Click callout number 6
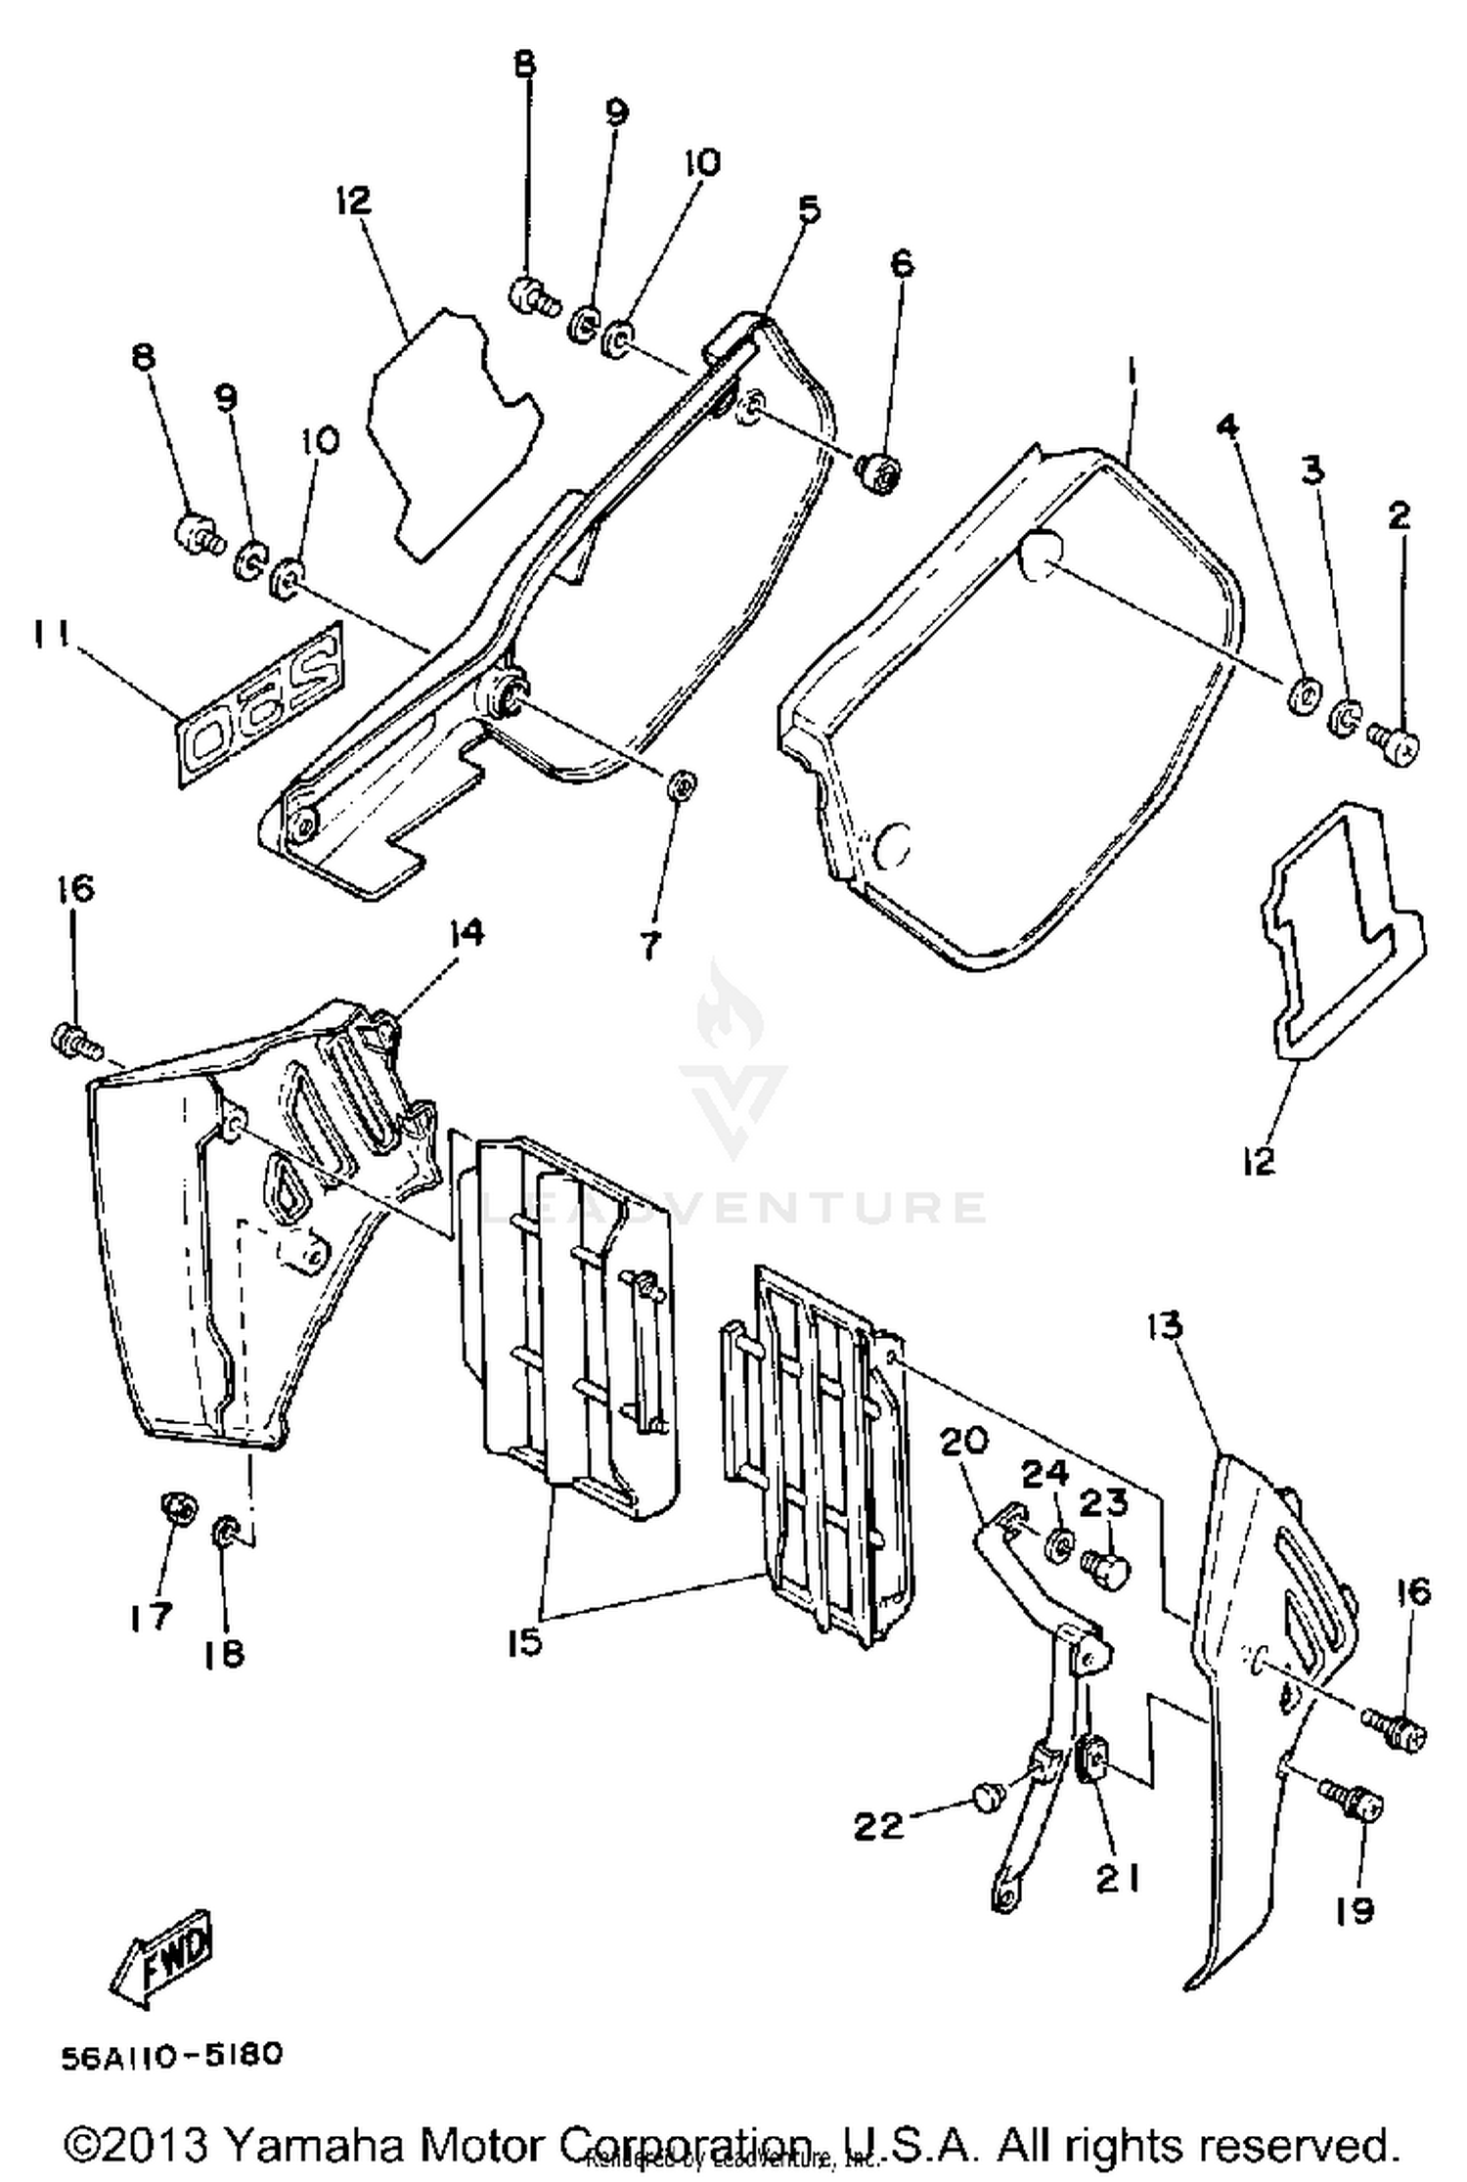click(x=902, y=264)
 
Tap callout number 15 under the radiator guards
click(x=525, y=1643)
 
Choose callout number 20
click(x=965, y=1442)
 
